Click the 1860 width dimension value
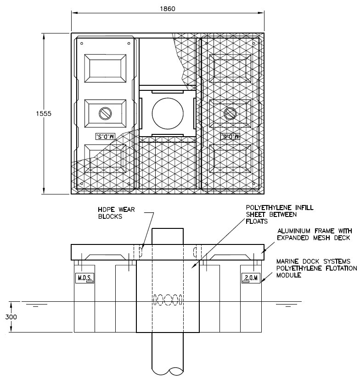pos(168,9)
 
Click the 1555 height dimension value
pos(44,113)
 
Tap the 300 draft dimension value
pos(11,317)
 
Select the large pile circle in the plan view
pos(168,113)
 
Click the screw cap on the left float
pos(106,113)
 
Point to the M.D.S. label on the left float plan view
pos(106,136)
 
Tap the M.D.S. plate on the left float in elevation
pos(84,278)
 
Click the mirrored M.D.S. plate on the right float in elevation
pos(251,278)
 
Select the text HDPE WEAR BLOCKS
pos(117,213)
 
